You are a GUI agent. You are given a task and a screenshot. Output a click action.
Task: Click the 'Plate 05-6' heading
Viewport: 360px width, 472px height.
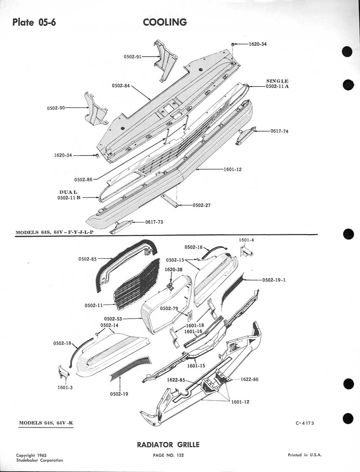(34, 22)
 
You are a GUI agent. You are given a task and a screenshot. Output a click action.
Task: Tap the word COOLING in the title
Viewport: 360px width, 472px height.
(165, 22)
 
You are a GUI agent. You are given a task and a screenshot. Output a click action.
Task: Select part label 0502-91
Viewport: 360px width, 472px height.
(133, 56)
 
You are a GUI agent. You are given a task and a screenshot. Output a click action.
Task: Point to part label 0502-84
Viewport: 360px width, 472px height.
(121, 86)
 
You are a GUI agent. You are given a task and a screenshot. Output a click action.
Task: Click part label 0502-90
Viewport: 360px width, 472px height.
(56, 108)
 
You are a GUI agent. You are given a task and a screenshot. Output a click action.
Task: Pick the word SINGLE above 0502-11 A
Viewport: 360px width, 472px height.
(277, 81)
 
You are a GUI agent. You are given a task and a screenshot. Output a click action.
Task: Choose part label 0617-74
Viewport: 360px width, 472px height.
(280, 131)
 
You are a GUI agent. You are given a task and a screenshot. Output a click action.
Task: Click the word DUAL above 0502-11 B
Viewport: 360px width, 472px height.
(68, 192)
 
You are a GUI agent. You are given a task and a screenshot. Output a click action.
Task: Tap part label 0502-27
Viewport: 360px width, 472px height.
(202, 205)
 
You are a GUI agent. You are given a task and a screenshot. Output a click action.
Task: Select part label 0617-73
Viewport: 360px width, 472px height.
(154, 222)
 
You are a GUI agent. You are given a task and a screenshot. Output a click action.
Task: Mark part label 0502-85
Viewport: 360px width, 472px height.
(88, 259)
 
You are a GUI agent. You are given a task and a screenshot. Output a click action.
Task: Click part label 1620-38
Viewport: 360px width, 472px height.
(173, 269)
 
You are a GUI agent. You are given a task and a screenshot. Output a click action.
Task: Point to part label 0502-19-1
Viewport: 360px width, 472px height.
(274, 280)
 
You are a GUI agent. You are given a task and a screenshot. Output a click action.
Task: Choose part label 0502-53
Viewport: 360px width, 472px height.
(113, 319)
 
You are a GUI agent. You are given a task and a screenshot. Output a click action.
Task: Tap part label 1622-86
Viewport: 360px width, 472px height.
(249, 379)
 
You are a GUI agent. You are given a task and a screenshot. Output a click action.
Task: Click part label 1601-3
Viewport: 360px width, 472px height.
(65, 387)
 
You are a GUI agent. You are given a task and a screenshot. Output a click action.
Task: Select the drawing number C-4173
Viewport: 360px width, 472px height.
(305, 423)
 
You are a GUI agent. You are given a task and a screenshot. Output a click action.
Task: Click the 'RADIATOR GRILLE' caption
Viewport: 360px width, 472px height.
(168, 444)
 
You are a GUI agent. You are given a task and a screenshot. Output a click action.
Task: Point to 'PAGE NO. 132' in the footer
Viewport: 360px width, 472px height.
(168, 455)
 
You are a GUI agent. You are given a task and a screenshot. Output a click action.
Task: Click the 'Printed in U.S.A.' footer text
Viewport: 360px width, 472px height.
(305, 455)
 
